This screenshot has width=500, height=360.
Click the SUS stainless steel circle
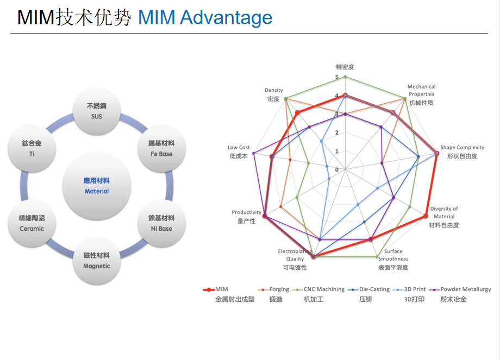[96, 111]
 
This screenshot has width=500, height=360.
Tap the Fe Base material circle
[161, 148]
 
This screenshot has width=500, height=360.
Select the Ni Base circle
[161, 223]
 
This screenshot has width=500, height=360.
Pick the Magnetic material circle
[96, 261]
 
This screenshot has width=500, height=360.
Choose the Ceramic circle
[32, 223]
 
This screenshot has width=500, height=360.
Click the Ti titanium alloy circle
[32, 148]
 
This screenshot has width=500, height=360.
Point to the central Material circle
[96, 186]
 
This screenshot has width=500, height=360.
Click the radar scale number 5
[336, 77]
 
